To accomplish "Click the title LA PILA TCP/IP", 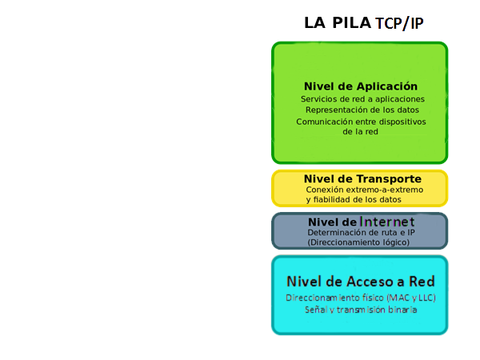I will (x=363, y=23).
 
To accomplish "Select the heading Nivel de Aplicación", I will (x=361, y=86).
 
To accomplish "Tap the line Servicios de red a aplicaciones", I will (x=362, y=99).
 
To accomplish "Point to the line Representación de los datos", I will (x=362, y=110).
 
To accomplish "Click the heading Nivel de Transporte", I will (x=362, y=178).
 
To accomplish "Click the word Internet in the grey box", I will (x=387, y=222).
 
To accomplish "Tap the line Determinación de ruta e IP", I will (x=361, y=232).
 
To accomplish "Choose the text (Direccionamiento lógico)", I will (x=358, y=242).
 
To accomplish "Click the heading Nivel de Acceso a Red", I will (x=360, y=282).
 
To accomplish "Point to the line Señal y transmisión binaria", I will (x=361, y=309).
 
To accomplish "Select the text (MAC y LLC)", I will (x=411, y=298).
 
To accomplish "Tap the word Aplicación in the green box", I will (x=388, y=86).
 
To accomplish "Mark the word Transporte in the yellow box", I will (x=389, y=178).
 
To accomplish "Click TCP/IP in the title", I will (x=399, y=24).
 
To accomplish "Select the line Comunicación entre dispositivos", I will (x=361, y=122).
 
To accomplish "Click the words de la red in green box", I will (x=360, y=131).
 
